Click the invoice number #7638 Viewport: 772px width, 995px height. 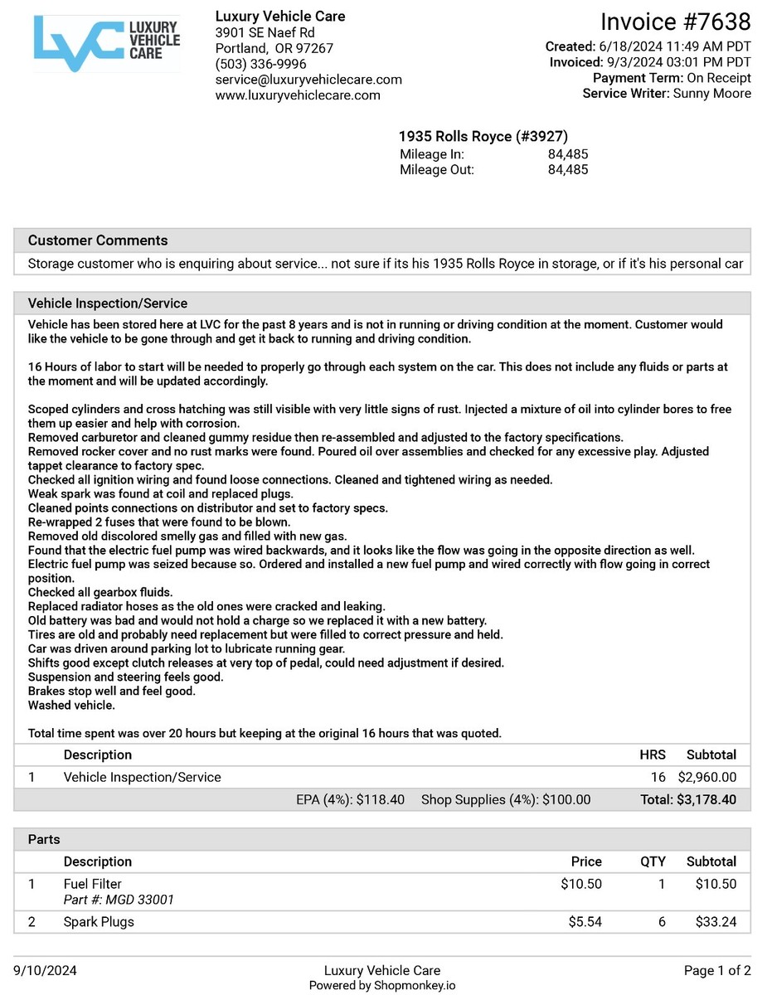(x=675, y=22)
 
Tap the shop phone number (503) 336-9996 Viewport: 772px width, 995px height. (x=260, y=64)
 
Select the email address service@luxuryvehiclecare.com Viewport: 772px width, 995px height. (x=308, y=80)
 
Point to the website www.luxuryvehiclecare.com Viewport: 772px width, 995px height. (x=298, y=95)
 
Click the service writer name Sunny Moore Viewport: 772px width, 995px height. (x=712, y=94)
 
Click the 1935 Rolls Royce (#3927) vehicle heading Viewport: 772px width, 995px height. (x=483, y=136)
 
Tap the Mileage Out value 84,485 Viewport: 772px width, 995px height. (x=568, y=170)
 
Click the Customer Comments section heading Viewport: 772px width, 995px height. (x=98, y=240)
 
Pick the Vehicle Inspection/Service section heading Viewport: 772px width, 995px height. (x=108, y=303)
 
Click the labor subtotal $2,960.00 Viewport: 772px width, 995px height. (x=706, y=778)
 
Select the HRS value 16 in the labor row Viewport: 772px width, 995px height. (x=658, y=778)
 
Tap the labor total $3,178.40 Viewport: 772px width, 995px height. (x=706, y=800)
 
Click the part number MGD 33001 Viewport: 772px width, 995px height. (x=140, y=900)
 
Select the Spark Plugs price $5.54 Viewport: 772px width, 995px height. (x=585, y=922)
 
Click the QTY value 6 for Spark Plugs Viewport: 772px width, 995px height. (x=662, y=922)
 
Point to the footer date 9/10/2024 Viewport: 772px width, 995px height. (x=46, y=971)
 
